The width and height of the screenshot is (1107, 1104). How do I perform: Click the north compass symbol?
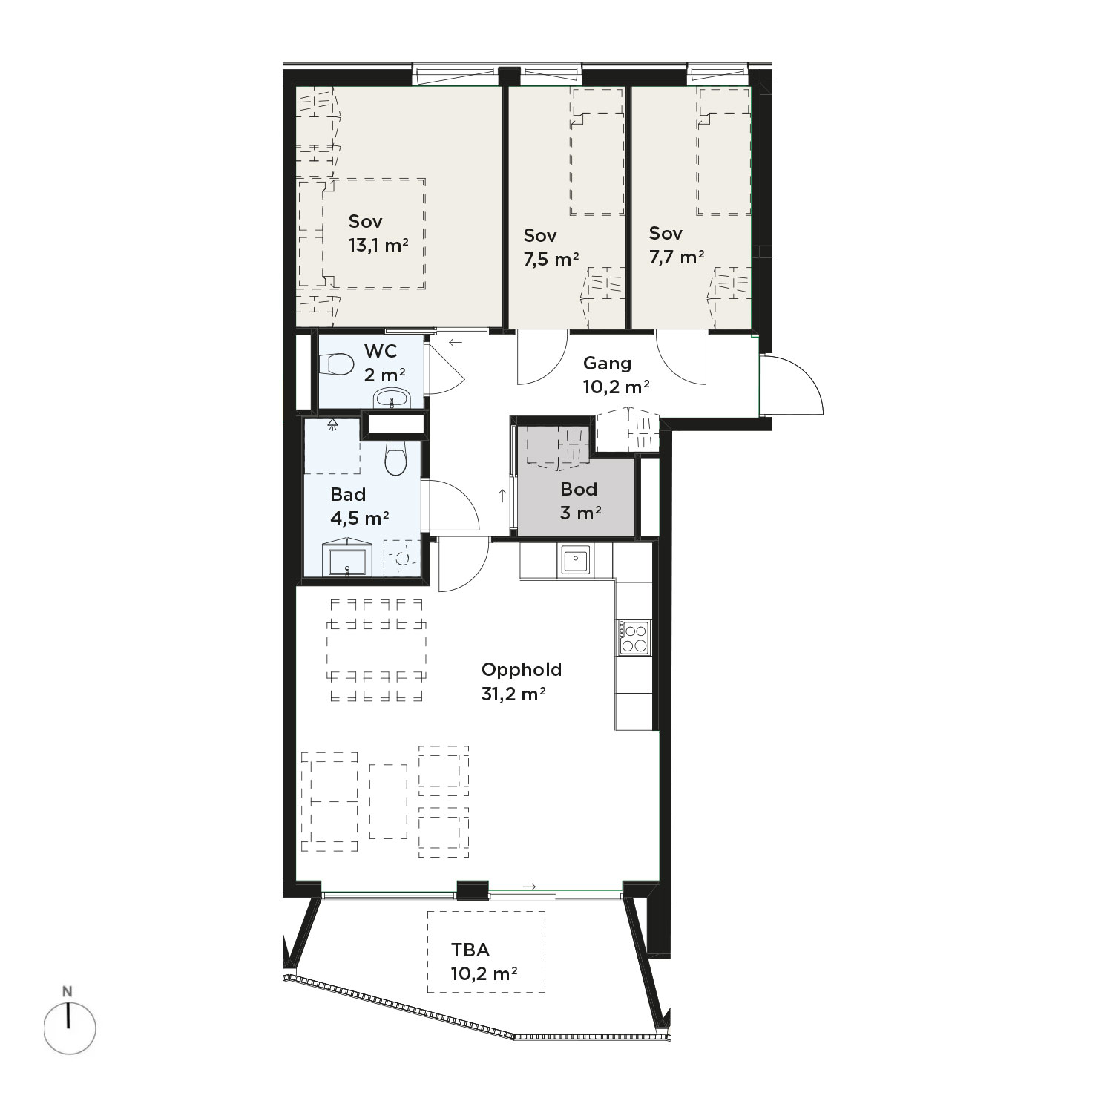(x=69, y=1026)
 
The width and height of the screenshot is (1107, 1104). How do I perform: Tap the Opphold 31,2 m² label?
(x=522, y=681)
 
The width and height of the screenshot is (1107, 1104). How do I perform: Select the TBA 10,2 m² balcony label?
(x=484, y=961)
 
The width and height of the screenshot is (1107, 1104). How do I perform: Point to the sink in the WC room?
(x=392, y=398)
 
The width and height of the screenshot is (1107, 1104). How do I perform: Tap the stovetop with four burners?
(x=634, y=637)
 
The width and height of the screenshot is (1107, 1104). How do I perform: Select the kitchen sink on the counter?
(x=575, y=559)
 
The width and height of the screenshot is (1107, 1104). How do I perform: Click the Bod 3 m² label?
(x=579, y=501)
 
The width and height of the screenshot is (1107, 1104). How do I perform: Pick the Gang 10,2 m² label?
(x=616, y=374)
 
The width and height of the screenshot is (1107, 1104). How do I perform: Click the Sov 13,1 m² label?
(x=378, y=233)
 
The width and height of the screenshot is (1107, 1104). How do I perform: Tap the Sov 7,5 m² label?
(x=551, y=247)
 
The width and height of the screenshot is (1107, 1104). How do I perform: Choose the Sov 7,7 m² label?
(x=676, y=245)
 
